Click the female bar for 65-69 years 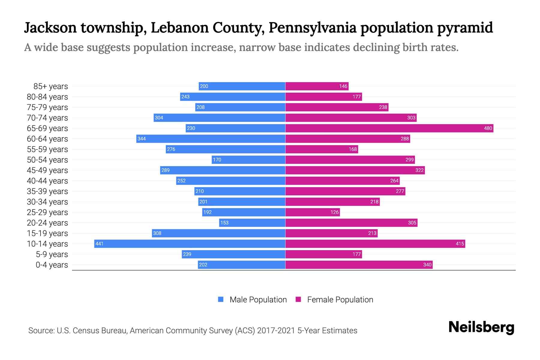[x=389, y=128]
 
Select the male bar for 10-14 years [x=190, y=244]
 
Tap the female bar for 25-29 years [x=312, y=212]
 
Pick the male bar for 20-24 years [x=252, y=223]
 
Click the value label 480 [x=488, y=128]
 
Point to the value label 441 [x=99, y=244]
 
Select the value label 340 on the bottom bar [x=427, y=265]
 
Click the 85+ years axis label [x=51, y=86]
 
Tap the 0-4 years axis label [x=52, y=265]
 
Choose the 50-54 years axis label [x=47, y=160]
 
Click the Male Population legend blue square [x=221, y=299]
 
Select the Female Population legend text [x=340, y=300]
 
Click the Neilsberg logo [x=481, y=327]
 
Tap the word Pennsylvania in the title [x=312, y=28]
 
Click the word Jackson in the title [x=50, y=28]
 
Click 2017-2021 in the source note [x=276, y=331]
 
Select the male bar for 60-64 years [x=211, y=139]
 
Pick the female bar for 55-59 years [x=322, y=149]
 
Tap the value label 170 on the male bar [x=217, y=160]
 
